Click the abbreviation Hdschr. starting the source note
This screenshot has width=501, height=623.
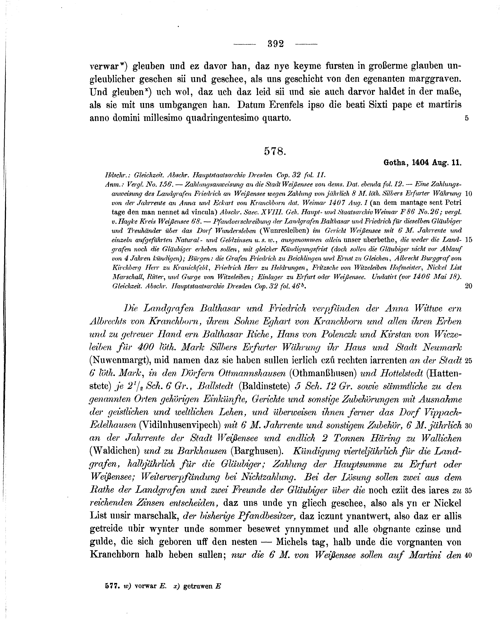pos(114,175)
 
